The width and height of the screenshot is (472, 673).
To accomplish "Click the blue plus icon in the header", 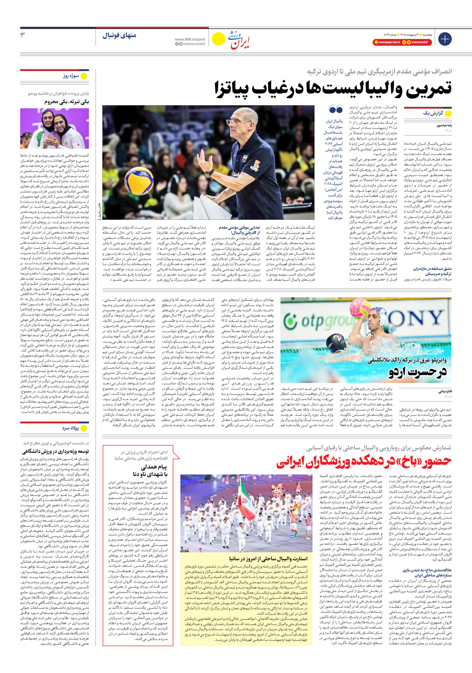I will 445,38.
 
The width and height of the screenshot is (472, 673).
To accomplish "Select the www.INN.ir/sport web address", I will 190,39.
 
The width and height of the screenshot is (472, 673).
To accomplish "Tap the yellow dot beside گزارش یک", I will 448,113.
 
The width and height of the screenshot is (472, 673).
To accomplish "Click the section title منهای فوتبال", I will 119,35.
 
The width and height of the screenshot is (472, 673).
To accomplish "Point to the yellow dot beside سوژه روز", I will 84,76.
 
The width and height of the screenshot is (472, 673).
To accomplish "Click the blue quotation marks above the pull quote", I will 336,110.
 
